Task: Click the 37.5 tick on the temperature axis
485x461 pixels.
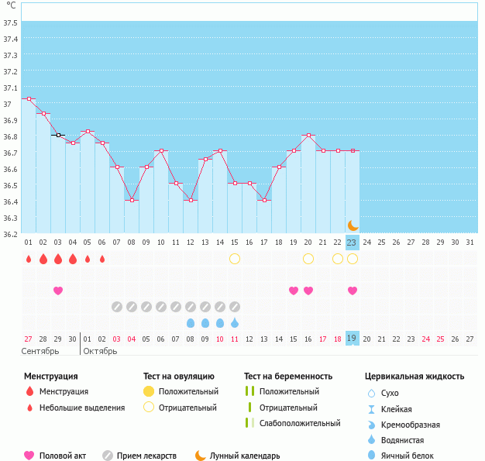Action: [x=10, y=22]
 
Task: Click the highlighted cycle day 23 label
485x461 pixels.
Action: [x=352, y=243]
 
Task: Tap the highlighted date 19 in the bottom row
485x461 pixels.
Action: [x=352, y=339]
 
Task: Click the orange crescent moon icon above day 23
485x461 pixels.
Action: [x=353, y=225]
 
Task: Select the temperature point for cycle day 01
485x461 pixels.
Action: [x=29, y=99]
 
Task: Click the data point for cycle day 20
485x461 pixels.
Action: [x=308, y=136]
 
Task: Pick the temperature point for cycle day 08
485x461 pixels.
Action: [x=132, y=200]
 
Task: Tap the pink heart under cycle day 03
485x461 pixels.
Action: [x=58, y=291]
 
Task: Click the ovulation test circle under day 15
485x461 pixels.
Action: [x=235, y=258]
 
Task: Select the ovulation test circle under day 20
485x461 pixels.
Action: [x=308, y=258]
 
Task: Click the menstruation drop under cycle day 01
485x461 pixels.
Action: [x=29, y=259]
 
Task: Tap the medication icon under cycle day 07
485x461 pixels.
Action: [x=117, y=307]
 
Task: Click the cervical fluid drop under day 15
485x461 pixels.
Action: [x=235, y=322]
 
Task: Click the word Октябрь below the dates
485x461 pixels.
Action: [x=100, y=351]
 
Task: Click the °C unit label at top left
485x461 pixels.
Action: [x=11, y=5]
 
